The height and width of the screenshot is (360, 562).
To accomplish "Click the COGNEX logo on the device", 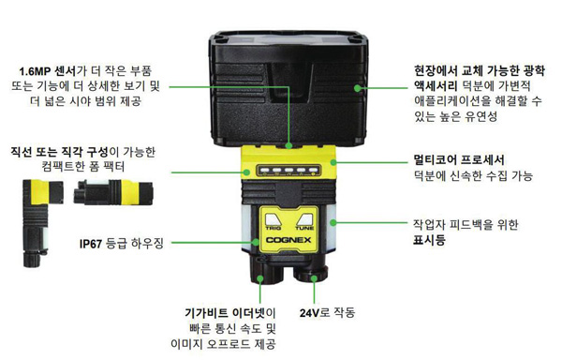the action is click(x=288, y=240).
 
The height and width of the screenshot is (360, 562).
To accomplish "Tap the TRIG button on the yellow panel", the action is click(x=274, y=221).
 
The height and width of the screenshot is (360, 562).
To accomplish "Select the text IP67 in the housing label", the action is click(x=91, y=244).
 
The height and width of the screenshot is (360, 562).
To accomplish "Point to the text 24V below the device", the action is click(x=309, y=313).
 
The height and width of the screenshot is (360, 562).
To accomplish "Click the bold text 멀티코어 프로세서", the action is click(x=459, y=159).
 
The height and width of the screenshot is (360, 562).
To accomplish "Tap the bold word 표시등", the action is click(x=429, y=239).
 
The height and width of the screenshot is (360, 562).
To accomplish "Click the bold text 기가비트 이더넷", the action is click(x=226, y=313).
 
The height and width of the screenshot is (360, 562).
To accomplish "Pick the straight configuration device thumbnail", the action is click(x=113, y=192).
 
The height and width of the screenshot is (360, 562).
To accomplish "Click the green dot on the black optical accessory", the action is click(x=358, y=88).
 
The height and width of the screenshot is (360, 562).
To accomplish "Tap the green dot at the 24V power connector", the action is click(x=315, y=277).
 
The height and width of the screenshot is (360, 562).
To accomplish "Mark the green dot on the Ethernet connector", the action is click(x=260, y=278).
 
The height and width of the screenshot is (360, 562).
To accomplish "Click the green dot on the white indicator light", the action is click(x=333, y=223).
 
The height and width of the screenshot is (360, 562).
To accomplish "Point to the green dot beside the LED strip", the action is click(x=246, y=172).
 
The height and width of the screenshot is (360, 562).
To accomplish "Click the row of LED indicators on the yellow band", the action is click(x=288, y=171).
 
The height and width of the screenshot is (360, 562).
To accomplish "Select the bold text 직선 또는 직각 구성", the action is click(x=60, y=152).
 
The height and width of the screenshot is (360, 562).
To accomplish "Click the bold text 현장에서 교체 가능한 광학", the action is click(x=480, y=70).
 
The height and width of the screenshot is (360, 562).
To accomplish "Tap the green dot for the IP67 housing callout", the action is click(x=255, y=243).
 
